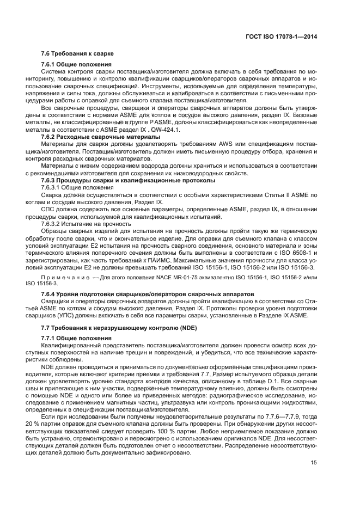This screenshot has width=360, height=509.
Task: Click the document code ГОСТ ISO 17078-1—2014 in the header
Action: tap(282, 37)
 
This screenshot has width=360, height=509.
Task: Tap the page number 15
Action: tap(314, 479)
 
